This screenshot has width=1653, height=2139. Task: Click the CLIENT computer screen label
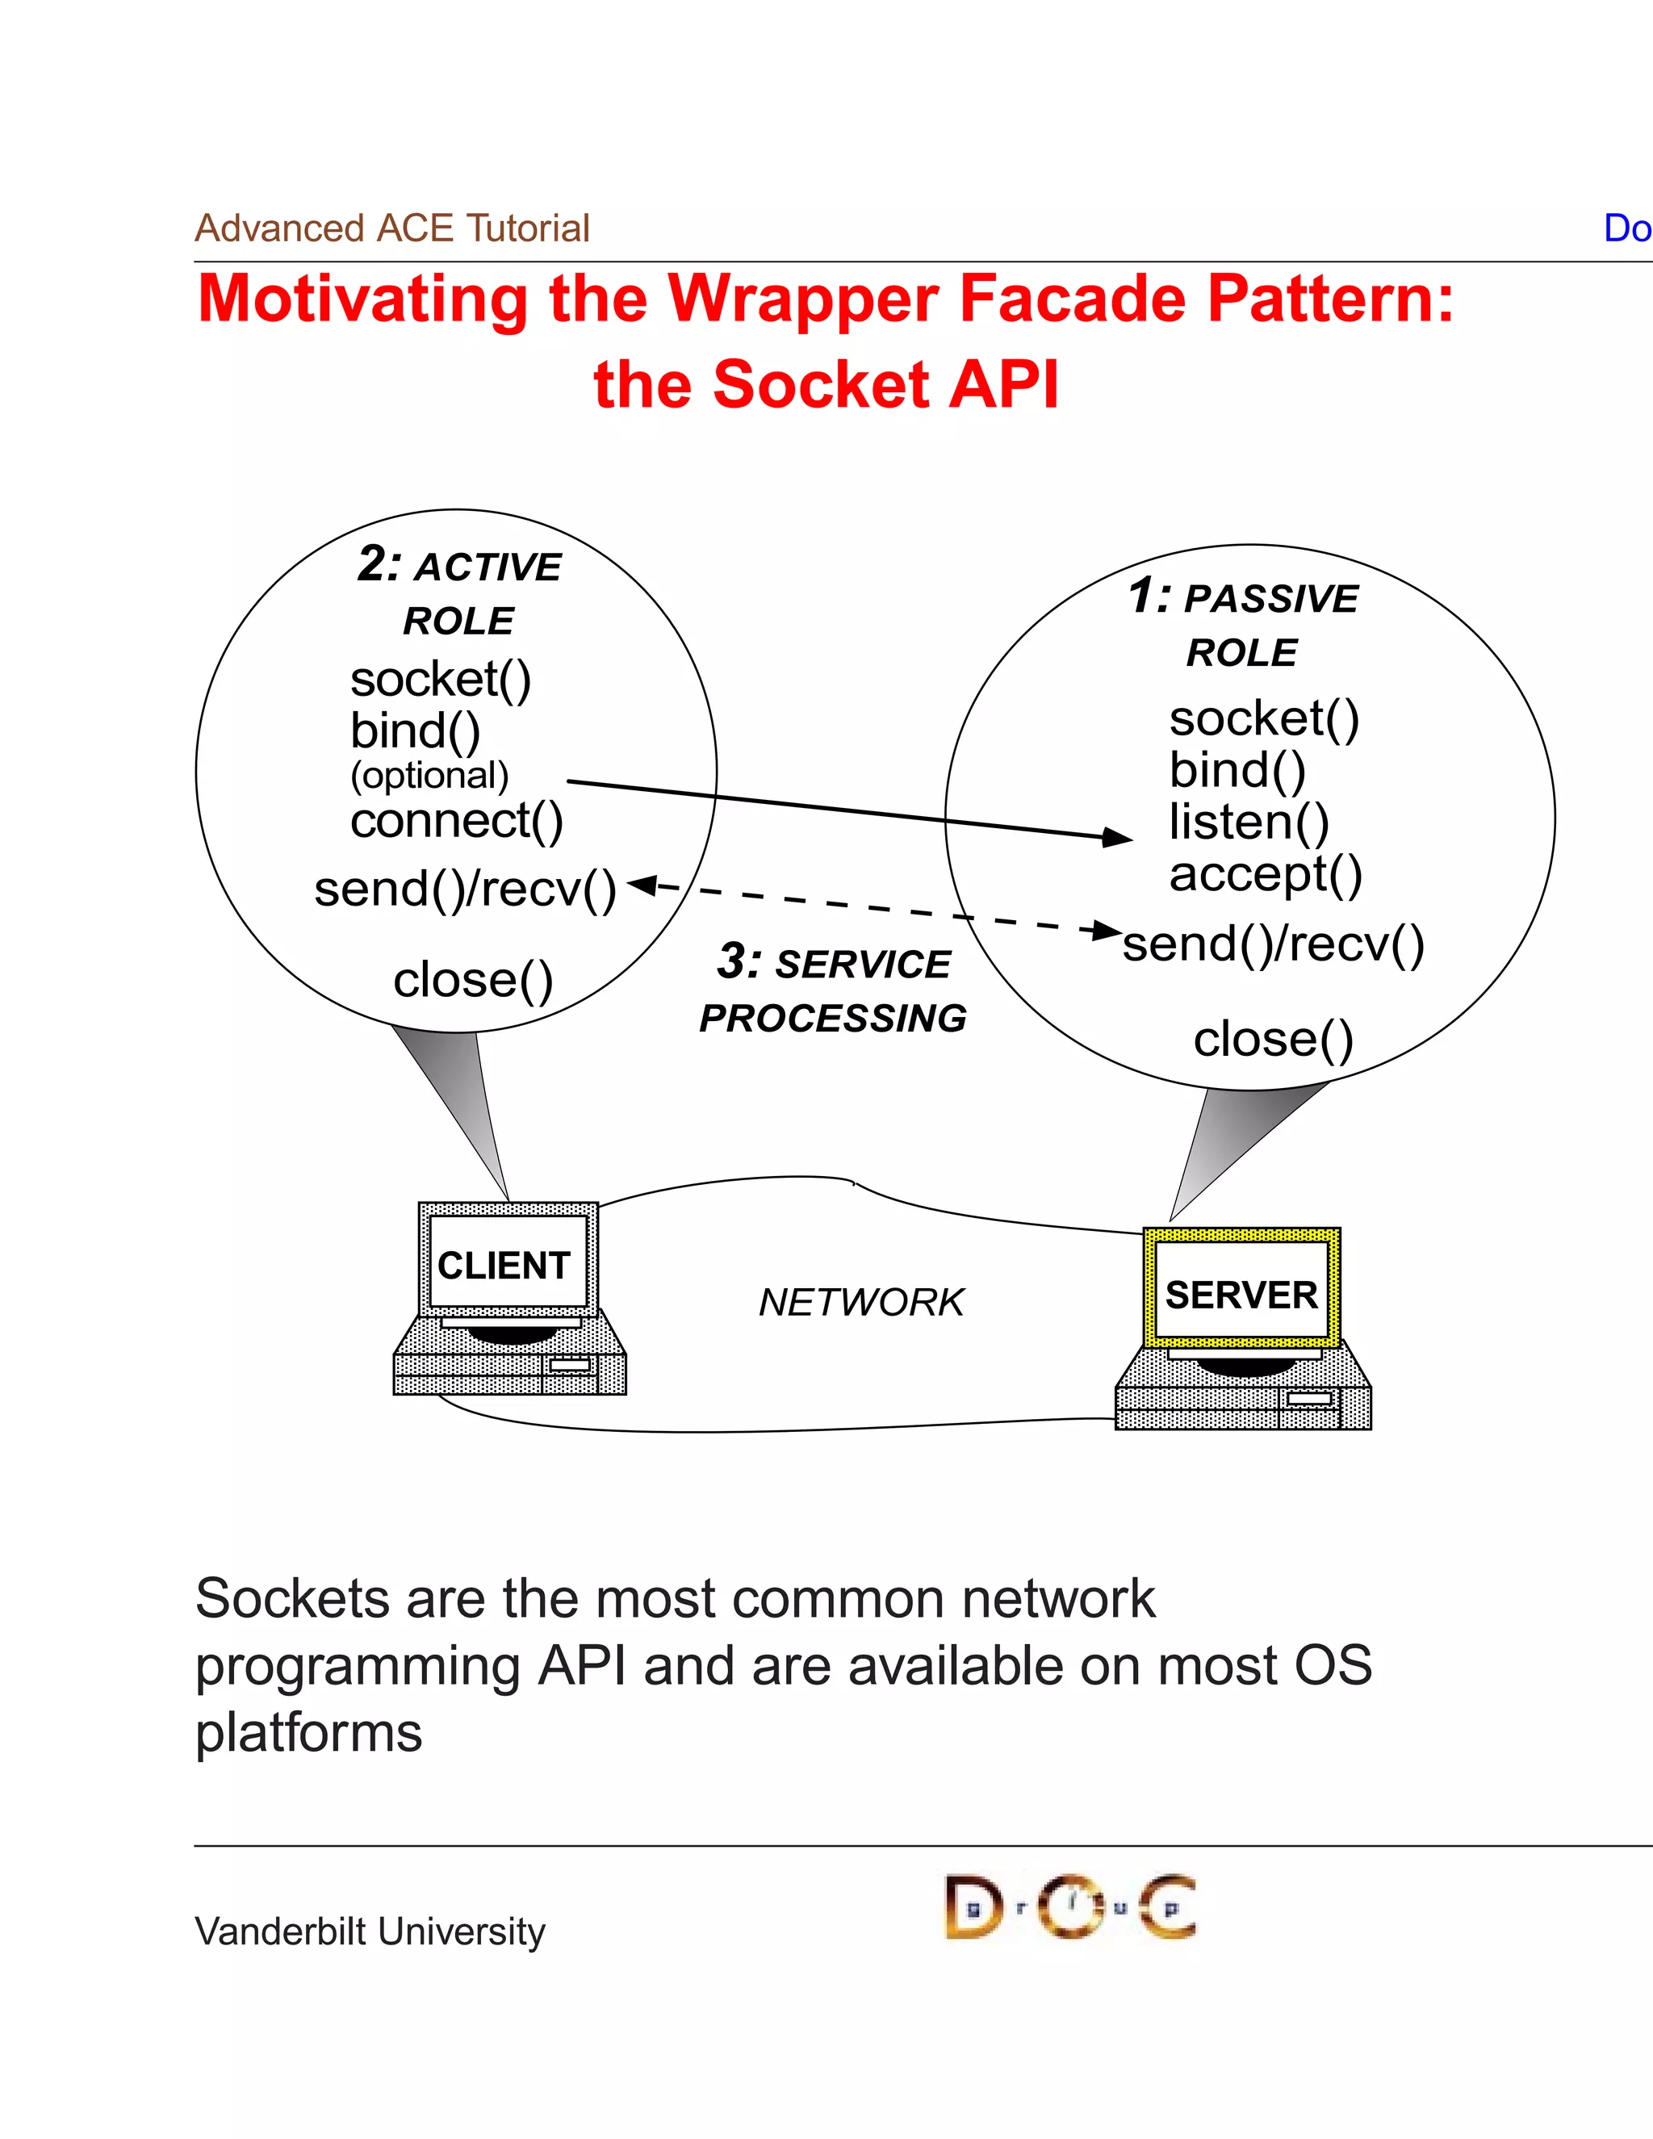pyautogui.click(x=504, y=1266)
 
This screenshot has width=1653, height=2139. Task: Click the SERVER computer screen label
pyautogui.click(x=1241, y=1295)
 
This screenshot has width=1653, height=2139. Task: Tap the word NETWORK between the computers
pyautogui.click(x=860, y=1303)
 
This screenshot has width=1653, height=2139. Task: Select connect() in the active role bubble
pyautogui.click(x=456, y=821)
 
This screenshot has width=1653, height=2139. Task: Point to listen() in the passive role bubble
pyautogui.click(x=1249, y=822)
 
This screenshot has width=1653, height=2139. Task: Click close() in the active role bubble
pyautogui.click(x=473, y=979)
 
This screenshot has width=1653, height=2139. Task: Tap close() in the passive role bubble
pyautogui.click(x=1273, y=1039)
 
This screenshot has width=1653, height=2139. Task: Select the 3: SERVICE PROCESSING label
pyautogui.click(x=833, y=990)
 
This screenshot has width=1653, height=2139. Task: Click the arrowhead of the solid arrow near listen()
pyautogui.click(x=1119, y=837)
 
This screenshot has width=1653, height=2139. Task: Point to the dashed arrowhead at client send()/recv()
pyautogui.click(x=639, y=885)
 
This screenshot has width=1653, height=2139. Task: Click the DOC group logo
pyautogui.click(x=1069, y=1906)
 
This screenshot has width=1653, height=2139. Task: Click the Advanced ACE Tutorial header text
pyautogui.click(x=391, y=228)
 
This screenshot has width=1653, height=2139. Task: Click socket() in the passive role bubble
pyautogui.click(x=1263, y=719)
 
